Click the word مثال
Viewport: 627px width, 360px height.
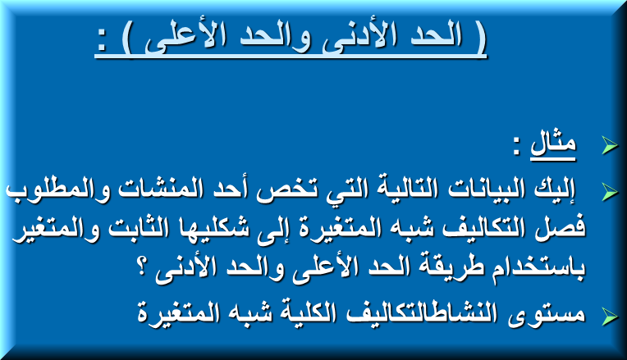553,143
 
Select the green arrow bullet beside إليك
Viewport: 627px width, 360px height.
610,192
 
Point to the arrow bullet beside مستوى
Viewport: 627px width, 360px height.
610,317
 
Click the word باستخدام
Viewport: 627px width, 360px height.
536,268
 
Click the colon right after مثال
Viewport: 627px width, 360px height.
517,146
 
